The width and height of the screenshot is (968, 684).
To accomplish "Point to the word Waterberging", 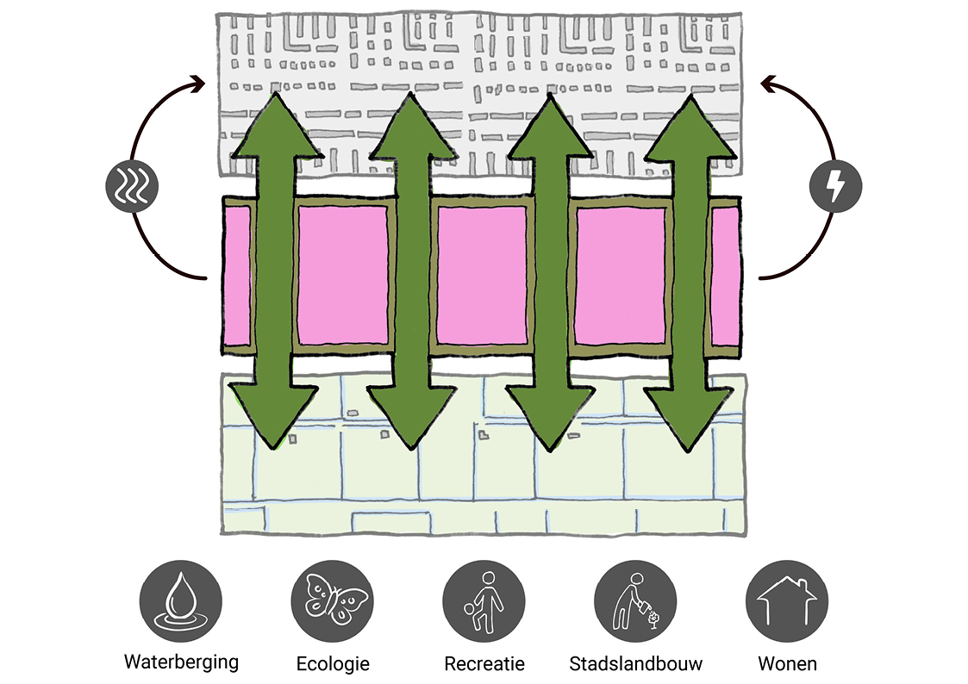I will [181, 662].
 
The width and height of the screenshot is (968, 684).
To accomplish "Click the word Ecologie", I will [333, 664].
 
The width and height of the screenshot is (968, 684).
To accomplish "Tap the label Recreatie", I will [484, 664].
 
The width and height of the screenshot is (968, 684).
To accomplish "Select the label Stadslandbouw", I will [636, 664].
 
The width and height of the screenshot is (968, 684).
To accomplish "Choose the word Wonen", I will [787, 664].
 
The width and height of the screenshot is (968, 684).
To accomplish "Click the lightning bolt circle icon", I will [836, 187].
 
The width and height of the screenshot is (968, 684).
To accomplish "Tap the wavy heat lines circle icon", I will [128, 187].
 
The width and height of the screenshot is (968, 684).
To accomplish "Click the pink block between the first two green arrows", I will [343, 274].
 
